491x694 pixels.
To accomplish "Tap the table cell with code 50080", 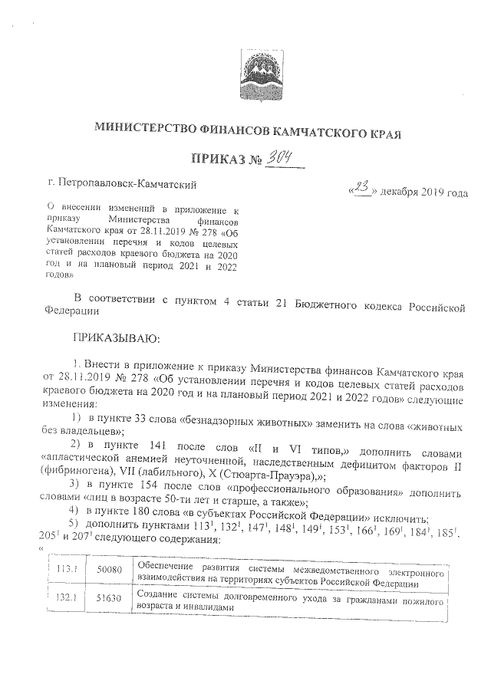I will click(110, 574).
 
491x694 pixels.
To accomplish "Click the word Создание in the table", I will click(160, 594).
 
